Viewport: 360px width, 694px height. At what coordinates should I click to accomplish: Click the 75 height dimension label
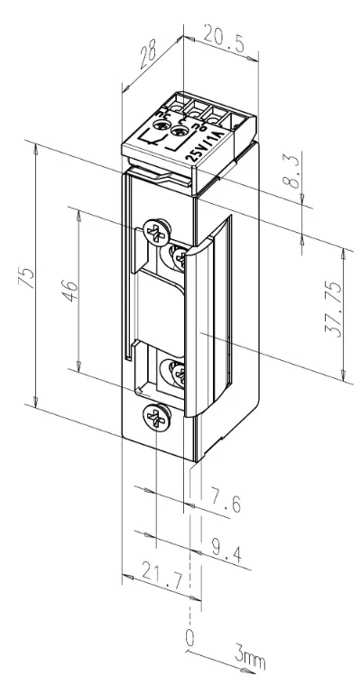click(26, 278)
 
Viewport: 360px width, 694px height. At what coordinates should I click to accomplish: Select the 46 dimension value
click(71, 291)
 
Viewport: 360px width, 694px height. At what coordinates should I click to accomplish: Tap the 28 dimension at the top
click(148, 55)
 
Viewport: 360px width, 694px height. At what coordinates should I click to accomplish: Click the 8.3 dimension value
click(292, 170)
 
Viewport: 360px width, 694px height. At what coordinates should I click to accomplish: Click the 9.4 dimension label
click(226, 551)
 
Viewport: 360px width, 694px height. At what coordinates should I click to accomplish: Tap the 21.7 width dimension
click(162, 575)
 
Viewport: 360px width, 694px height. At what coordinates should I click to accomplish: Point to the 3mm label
click(250, 660)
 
